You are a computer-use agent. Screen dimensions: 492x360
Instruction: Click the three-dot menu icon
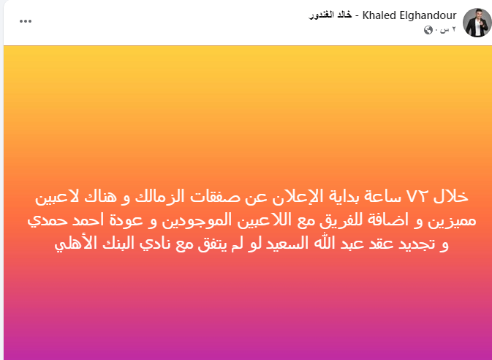click(x=26, y=21)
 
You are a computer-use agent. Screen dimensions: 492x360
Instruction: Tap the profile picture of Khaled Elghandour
click(x=477, y=23)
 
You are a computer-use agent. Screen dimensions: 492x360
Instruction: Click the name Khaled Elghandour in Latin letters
click(x=409, y=15)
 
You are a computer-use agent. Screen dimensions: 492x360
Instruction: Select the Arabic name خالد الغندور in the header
click(x=330, y=15)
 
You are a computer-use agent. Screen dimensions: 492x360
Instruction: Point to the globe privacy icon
click(x=428, y=30)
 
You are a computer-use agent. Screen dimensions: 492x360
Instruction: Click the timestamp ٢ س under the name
click(x=448, y=29)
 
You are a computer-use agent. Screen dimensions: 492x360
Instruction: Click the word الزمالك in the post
click(x=159, y=196)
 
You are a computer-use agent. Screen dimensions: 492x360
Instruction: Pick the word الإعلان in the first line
click(x=295, y=197)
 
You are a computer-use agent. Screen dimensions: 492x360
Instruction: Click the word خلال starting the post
click(x=451, y=196)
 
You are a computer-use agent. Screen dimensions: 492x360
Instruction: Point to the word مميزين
click(x=452, y=221)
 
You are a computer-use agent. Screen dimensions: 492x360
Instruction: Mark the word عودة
click(x=126, y=220)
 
